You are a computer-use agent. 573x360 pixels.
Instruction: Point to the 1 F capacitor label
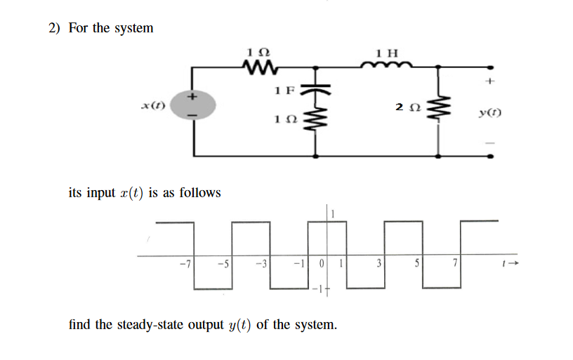coord(285,90)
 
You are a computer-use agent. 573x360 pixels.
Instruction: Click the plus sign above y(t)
coord(489,82)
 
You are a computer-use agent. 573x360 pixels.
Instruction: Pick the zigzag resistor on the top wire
coord(258,67)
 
